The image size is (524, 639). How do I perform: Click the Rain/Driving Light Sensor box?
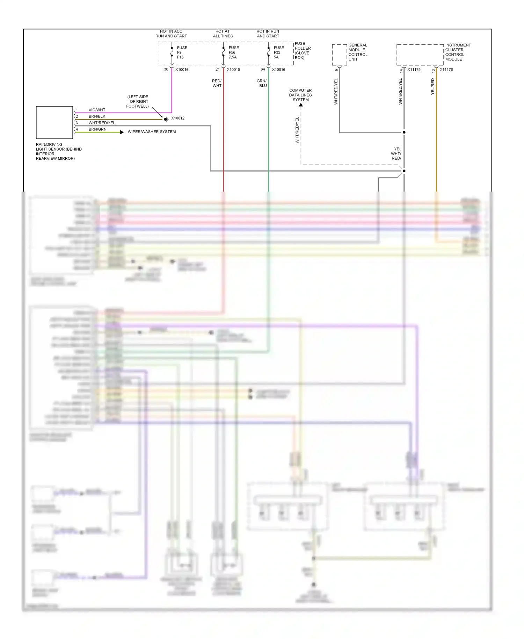pos(54,122)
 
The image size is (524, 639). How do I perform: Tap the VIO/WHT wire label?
pos(97,110)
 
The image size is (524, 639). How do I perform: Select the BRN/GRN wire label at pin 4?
pos(97,129)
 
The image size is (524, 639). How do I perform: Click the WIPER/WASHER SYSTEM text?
pos(152,132)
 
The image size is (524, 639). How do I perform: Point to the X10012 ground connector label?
pos(178,118)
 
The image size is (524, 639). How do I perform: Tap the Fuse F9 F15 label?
pos(182,52)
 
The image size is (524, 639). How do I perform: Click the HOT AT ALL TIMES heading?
pos(223,34)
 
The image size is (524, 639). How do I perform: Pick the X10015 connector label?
pos(233,70)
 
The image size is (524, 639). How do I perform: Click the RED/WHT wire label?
pos(217,83)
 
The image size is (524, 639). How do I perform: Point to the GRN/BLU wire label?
pos(262,83)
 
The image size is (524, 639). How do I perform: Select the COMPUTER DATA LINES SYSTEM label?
pos(300,95)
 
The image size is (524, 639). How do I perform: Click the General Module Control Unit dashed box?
pos(339,55)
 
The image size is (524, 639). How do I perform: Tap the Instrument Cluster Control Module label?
pos(458,52)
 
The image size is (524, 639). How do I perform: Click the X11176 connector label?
pos(446,70)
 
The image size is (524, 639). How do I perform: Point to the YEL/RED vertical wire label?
pos(432,86)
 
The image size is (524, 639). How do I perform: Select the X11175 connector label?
pos(414,70)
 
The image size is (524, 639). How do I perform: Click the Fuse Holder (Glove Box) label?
pos(302,51)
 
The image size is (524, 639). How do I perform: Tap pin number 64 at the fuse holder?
pos(263,69)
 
